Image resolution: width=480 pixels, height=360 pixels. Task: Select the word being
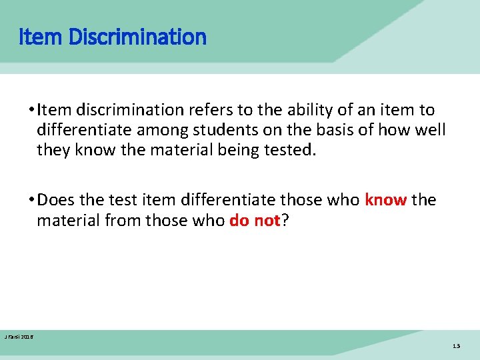[x=235, y=149]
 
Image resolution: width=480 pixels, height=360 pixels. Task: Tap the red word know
[x=385, y=200]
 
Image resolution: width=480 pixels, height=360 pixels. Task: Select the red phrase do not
[x=254, y=220]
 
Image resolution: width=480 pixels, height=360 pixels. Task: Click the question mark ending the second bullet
[x=285, y=220]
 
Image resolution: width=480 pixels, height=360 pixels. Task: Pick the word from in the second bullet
[x=127, y=220]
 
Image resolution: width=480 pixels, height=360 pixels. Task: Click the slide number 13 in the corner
[x=456, y=346]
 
